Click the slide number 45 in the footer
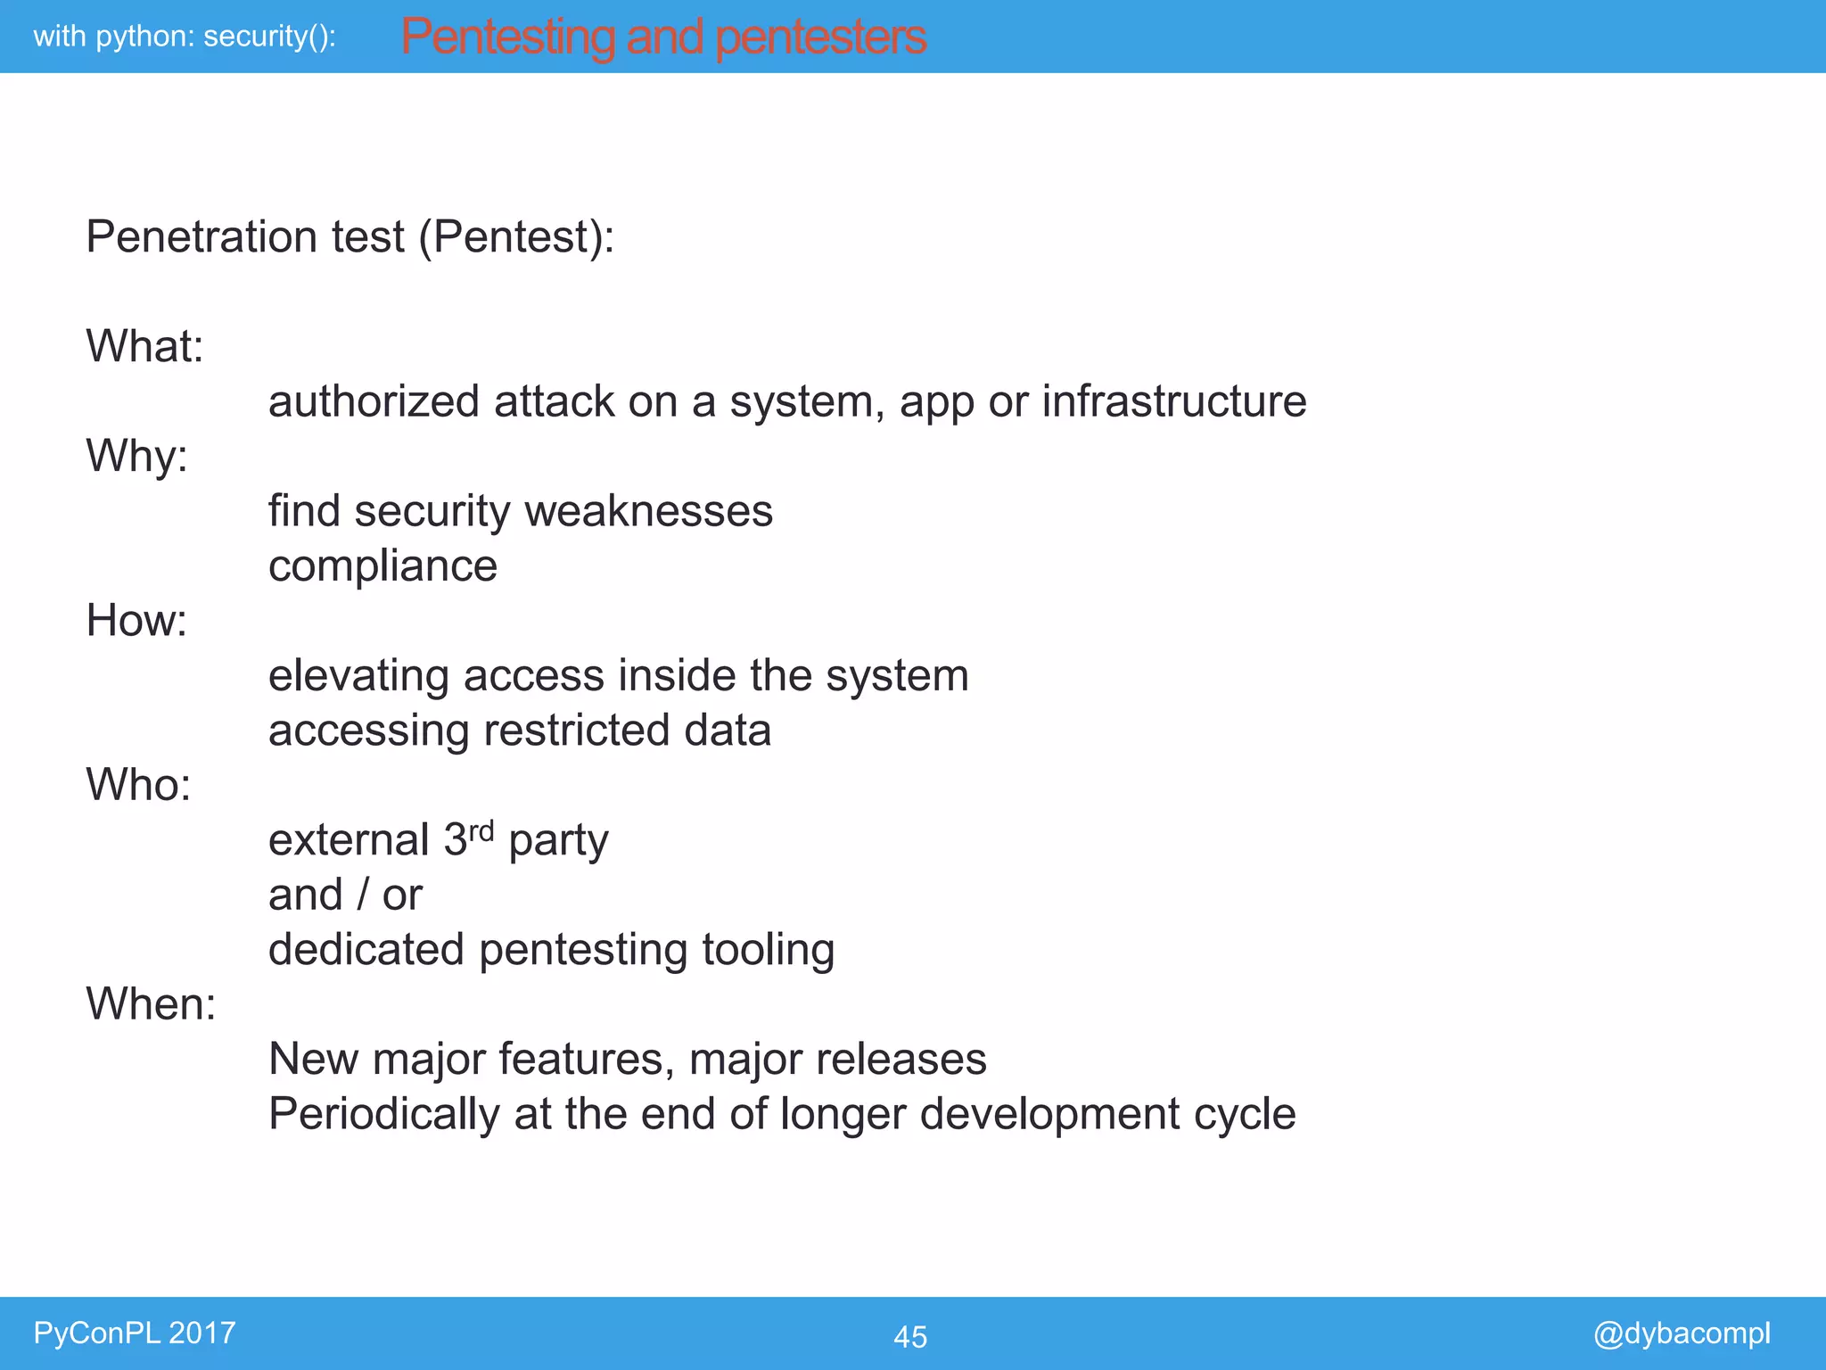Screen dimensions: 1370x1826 [x=909, y=1336]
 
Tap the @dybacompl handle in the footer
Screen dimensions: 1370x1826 [x=1681, y=1333]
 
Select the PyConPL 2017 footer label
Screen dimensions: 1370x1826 [x=134, y=1333]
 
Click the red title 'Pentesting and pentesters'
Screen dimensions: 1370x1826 [x=663, y=37]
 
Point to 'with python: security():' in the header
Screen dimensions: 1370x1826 [x=185, y=37]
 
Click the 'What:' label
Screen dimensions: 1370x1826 [x=144, y=346]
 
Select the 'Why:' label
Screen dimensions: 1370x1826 [x=136, y=456]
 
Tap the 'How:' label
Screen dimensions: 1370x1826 [x=136, y=620]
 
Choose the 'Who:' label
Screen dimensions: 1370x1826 [x=138, y=785]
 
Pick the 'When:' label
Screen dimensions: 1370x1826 [x=151, y=1004]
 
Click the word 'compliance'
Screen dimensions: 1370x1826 [x=382, y=566]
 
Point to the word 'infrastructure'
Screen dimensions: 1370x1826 [x=1173, y=401]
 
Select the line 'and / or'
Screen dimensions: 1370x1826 [x=345, y=895]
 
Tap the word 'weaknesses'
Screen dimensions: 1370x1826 [x=648, y=511]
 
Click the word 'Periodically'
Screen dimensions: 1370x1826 [x=384, y=1114]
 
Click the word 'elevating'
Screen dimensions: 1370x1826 [x=358, y=676]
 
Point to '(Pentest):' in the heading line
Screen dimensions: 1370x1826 [x=516, y=238]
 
